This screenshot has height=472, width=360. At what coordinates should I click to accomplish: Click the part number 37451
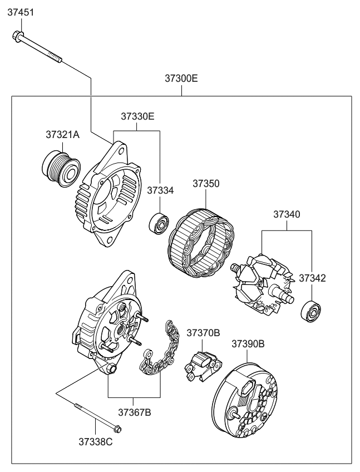pyautogui.click(x=21, y=12)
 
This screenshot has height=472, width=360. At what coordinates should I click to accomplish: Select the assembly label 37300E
pyautogui.click(x=181, y=78)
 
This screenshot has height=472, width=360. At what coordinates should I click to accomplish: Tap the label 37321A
pyautogui.click(x=62, y=135)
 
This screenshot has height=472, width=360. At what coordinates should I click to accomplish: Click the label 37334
pyautogui.click(x=160, y=190)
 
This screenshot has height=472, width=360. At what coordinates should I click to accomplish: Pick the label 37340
pyautogui.click(x=287, y=214)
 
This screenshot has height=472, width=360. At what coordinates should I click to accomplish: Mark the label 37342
pyautogui.click(x=312, y=277)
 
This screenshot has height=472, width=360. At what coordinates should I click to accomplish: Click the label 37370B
pyautogui.click(x=203, y=333)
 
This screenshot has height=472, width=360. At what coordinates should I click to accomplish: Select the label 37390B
pyautogui.click(x=248, y=343)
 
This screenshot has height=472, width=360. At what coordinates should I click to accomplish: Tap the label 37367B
pyautogui.click(x=134, y=412)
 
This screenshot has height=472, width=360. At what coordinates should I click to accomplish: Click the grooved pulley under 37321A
pyautogui.click(x=60, y=166)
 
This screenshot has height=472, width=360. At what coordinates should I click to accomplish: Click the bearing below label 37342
pyautogui.click(x=312, y=312)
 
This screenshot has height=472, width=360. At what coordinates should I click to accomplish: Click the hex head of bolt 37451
pyautogui.click(x=16, y=37)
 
